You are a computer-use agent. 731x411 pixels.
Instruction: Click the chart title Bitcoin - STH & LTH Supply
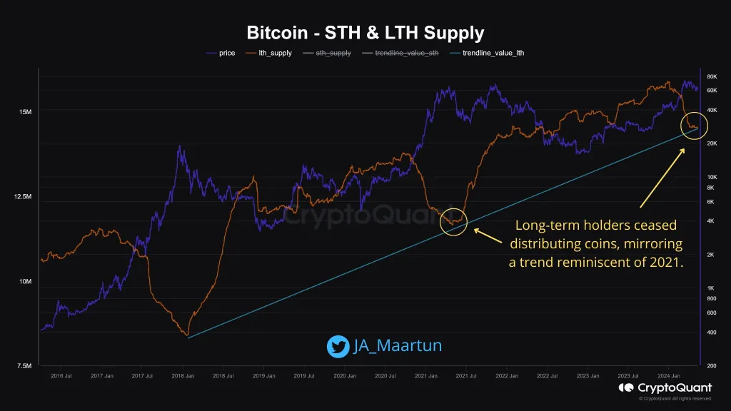(365, 33)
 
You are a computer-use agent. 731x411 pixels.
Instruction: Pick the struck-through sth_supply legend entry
(333, 53)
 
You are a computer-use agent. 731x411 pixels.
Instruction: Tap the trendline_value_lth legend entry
(493, 53)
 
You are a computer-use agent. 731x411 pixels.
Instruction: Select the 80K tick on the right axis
(712, 76)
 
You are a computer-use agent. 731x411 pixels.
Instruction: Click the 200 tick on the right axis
(712, 366)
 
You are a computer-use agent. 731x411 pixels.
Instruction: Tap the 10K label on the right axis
(712, 177)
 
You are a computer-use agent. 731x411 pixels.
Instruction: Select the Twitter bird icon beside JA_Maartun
(338, 346)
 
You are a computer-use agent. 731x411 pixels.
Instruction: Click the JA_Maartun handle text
(398, 346)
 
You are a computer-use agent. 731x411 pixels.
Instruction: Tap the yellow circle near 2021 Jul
(453, 221)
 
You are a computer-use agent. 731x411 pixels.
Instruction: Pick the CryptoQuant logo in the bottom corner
(664, 387)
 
